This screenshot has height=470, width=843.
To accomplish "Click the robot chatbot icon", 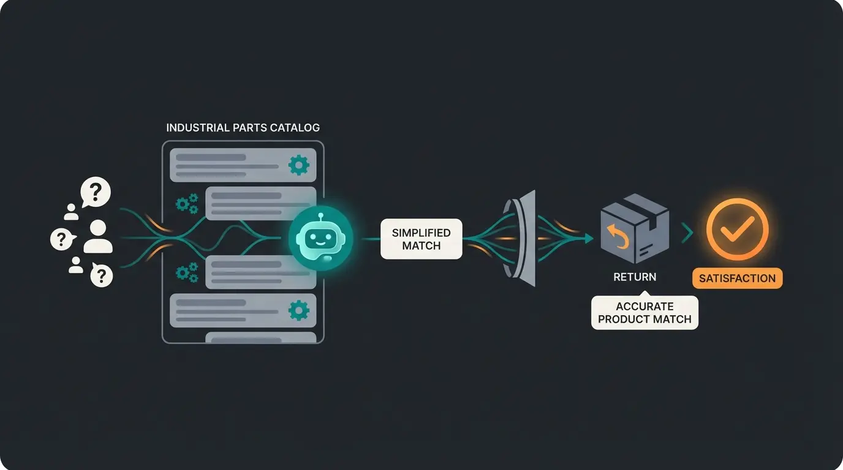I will point(321,237).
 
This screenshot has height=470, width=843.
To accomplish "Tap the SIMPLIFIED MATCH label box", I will point(421,239).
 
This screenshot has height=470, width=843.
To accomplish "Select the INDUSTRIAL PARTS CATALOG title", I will point(243,128).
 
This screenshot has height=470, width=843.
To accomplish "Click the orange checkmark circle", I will point(737,230).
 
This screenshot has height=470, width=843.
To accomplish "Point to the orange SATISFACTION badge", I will point(737,278).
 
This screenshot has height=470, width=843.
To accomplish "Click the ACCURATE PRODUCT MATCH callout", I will point(645,313).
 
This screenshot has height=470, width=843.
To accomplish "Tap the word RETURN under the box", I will point(635,277).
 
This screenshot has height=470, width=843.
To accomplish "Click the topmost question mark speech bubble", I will point(96,192).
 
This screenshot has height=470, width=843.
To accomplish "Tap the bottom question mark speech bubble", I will point(101,276).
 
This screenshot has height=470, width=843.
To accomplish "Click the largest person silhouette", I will point(98,237).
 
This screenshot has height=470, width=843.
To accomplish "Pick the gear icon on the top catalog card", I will point(298,165).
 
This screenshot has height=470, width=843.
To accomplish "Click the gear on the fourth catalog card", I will point(298,310).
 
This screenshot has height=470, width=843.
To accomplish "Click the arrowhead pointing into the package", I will point(589,238).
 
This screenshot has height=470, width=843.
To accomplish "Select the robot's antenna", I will point(321,216).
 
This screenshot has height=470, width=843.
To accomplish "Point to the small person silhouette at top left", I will point(72,212).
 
